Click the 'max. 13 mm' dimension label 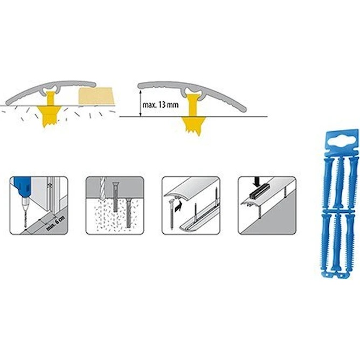pyautogui.click(x=161, y=105)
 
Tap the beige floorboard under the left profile pyautogui.click(x=96, y=96)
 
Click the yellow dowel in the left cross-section pyautogui.click(x=50, y=109)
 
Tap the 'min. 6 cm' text pyautogui.click(x=56, y=223)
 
